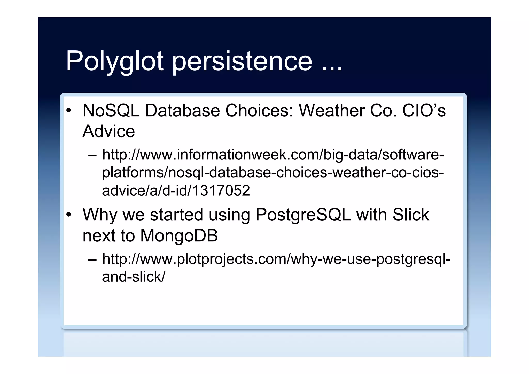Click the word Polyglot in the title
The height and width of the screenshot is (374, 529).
tap(114, 61)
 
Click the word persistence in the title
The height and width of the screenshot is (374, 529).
tap(242, 61)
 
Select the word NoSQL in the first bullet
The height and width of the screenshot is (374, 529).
tap(111, 111)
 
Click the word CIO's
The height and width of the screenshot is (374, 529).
tap(424, 111)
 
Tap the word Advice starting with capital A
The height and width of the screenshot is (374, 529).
tap(108, 131)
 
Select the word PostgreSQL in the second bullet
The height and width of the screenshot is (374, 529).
tap(303, 215)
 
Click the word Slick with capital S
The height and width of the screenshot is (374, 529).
tap(410, 215)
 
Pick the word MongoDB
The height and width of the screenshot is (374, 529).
tap(179, 236)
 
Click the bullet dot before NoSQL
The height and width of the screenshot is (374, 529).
tap(68, 111)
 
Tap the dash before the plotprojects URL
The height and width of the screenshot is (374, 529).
tap(92, 259)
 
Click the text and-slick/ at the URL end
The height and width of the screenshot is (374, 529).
tap(133, 277)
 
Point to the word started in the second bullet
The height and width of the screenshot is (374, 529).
tap(176, 215)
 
